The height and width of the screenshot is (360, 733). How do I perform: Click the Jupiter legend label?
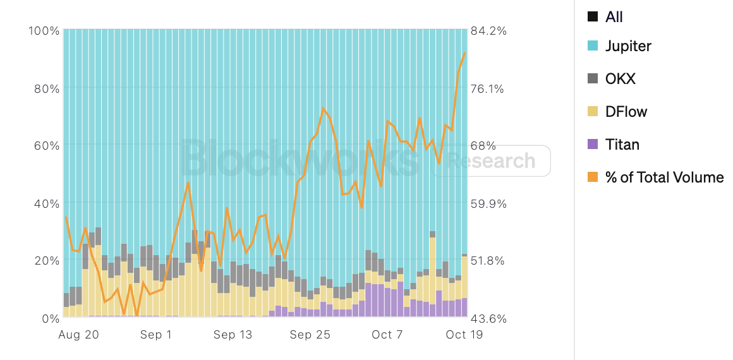coord(627,46)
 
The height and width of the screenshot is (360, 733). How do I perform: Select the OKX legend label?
coord(620,79)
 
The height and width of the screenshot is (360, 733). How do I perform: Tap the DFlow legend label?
coord(626,112)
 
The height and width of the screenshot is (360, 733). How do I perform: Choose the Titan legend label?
coord(622,145)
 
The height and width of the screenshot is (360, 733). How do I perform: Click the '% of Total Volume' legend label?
coord(664,177)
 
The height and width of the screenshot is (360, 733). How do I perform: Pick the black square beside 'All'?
coord(592,17)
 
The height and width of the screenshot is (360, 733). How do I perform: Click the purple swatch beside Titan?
coord(592,145)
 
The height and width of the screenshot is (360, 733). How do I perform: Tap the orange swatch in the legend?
coord(592,177)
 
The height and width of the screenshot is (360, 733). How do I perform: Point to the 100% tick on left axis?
coord(44,31)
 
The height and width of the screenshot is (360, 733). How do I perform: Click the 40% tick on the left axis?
coord(47,203)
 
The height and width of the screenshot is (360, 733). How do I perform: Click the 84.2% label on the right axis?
coord(488,31)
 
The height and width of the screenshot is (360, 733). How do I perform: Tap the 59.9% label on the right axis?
coord(488,203)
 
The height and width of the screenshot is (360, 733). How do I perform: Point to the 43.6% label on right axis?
coord(488,318)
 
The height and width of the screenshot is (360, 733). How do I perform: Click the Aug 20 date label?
coord(78,335)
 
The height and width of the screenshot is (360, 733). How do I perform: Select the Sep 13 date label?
coord(233,335)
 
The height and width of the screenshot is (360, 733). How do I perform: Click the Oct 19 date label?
coord(464,335)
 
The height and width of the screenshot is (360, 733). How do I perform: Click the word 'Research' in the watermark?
coord(490,161)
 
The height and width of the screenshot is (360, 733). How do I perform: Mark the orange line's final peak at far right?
coord(465,53)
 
